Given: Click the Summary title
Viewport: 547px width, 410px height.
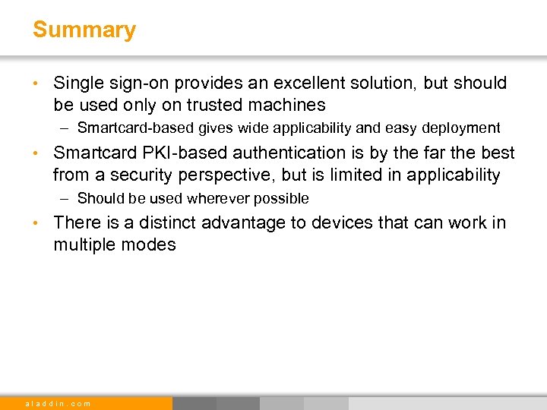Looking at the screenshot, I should coord(84,30).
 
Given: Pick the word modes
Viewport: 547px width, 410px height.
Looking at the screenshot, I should coord(153,244).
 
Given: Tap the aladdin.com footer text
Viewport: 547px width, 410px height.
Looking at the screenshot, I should coord(58,403).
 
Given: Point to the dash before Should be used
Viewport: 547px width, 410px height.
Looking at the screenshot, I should coord(67,198).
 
